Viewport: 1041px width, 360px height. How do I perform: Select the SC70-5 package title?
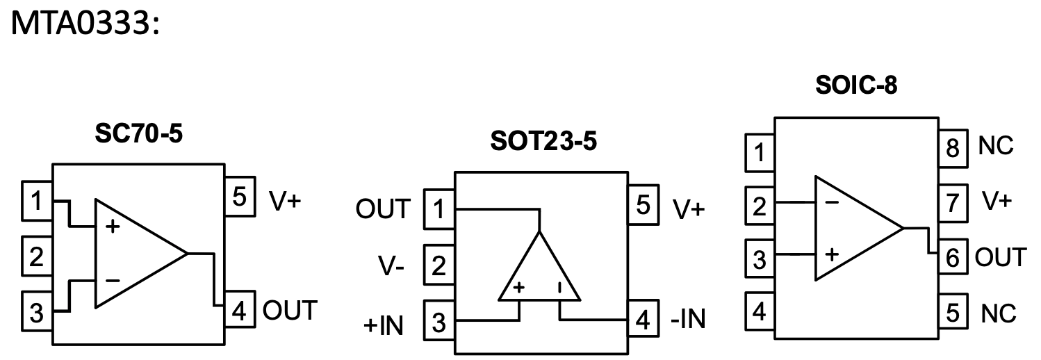pos(138,133)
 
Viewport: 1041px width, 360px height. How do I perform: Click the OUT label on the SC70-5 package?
pos(290,309)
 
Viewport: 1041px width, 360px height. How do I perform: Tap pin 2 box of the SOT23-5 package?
pos(438,265)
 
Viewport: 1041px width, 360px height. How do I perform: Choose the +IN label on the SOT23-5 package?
pos(382,323)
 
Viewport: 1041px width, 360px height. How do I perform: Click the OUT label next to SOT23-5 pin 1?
pos(383,208)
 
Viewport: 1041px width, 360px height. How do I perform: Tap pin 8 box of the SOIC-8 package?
pos(951,146)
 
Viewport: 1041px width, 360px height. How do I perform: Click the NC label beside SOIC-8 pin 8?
pos(997,146)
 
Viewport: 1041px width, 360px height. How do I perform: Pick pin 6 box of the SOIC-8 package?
pos(951,258)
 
